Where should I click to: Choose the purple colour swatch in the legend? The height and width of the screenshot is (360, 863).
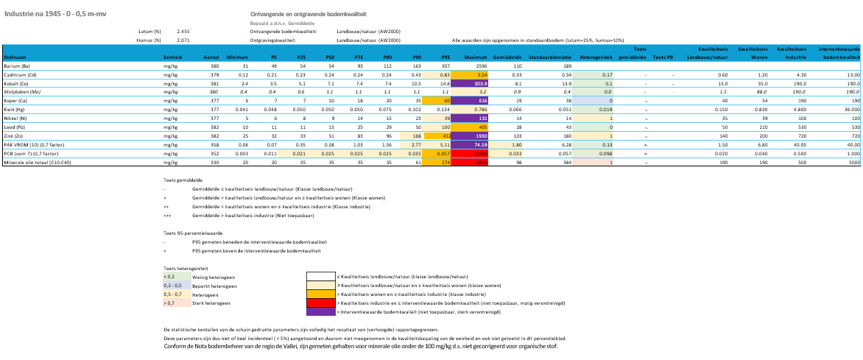coord(320,312)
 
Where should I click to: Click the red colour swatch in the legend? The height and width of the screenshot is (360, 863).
coord(320,303)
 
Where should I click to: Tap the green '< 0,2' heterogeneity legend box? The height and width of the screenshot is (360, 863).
coord(175,276)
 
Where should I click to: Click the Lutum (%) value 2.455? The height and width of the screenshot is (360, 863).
coord(183,32)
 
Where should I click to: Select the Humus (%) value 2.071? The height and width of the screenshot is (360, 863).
coord(183,40)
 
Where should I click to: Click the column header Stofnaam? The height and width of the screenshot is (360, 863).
coord(15,57)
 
